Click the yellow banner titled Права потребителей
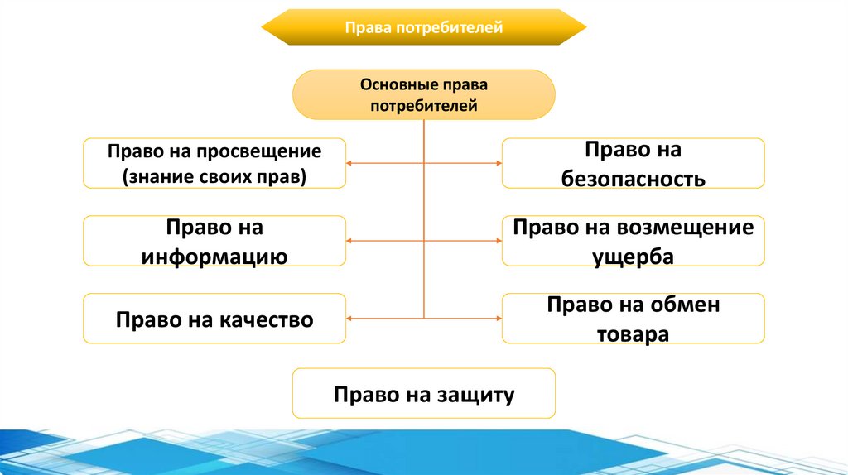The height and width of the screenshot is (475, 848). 423,28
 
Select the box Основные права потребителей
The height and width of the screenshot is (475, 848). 423,95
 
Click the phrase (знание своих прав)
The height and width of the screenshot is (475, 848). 214,175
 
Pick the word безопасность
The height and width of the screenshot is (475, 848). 634,178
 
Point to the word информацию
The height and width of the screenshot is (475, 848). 214,256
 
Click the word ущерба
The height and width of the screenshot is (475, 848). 634,256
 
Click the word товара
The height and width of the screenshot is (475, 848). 634,334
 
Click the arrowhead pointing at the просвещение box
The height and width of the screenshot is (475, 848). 350,164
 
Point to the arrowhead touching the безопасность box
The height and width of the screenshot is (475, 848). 499,164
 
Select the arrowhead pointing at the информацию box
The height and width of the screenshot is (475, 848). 350,241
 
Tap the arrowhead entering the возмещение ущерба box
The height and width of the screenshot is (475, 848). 499,241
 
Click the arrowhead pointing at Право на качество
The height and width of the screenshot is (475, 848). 350,319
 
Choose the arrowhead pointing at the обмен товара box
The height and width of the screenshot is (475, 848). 499,319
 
